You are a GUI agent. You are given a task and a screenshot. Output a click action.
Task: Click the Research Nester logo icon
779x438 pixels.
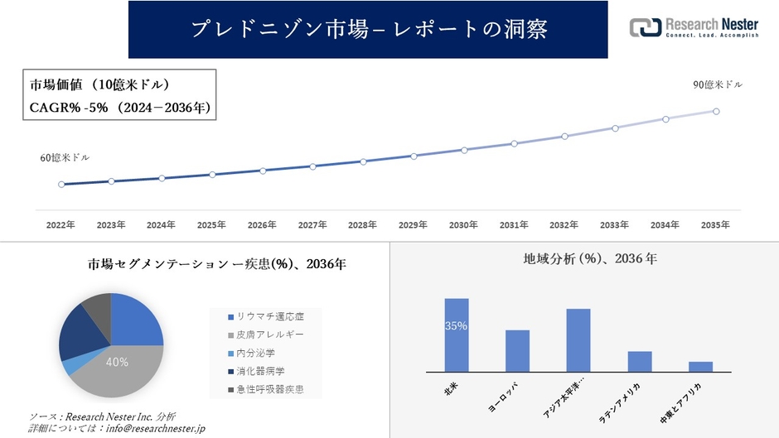click(x=646, y=26)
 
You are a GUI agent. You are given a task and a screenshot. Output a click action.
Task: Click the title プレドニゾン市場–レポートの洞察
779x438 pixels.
click(x=368, y=29)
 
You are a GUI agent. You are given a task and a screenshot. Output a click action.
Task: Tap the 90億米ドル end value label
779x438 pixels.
click(x=718, y=85)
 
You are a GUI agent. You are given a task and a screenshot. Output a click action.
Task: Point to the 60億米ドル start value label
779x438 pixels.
click(x=65, y=157)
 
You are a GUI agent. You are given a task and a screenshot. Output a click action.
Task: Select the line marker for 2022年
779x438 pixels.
click(x=61, y=185)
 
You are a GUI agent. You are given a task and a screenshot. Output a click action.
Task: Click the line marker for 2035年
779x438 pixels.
click(x=716, y=111)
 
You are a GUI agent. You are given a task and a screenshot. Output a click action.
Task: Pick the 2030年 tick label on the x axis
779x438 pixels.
click(x=463, y=225)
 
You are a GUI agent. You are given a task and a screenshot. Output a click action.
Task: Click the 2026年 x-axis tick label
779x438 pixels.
click(x=262, y=225)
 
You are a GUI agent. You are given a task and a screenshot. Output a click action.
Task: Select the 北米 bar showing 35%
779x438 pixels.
click(x=457, y=335)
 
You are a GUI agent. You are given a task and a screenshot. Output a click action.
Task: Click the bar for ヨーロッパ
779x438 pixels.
click(x=517, y=351)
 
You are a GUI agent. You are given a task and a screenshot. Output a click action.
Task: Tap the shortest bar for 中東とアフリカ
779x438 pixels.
click(x=700, y=367)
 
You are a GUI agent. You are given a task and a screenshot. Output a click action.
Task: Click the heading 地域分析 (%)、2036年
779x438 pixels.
click(x=590, y=259)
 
